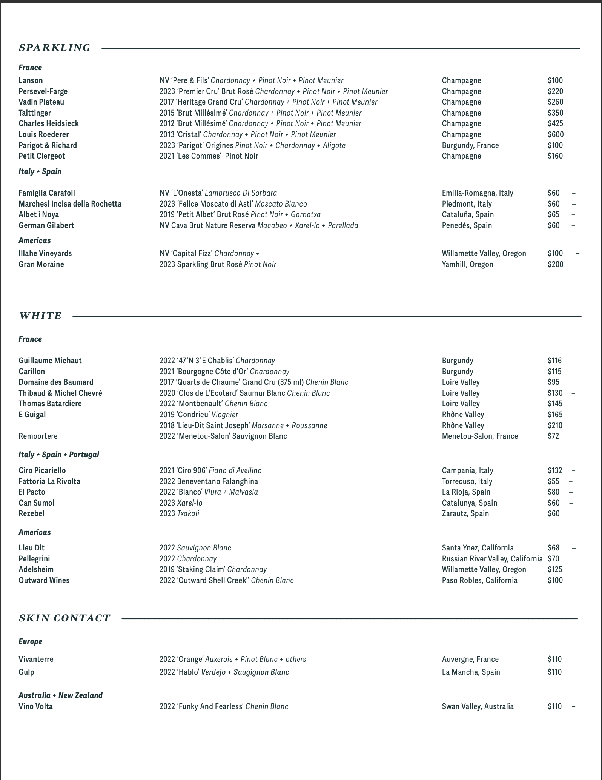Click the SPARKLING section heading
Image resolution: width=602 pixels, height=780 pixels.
pos(55,48)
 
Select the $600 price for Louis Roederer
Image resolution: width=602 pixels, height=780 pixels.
pos(555,134)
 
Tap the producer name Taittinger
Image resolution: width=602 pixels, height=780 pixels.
pos(35,113)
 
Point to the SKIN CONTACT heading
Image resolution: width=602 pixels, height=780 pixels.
pos(64,618)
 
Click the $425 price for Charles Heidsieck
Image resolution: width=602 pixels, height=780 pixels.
pos(555,123)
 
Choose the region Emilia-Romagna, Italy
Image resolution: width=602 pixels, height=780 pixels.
pos(478,193)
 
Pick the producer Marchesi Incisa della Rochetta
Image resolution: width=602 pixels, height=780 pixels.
pos(70,204)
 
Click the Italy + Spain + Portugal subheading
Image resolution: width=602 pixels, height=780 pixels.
pos(59,454)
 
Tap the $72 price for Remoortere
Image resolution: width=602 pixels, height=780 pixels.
pos(553,436)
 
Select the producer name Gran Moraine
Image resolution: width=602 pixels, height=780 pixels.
pos(41,264)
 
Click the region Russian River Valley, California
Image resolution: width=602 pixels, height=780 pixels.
pos(492,559)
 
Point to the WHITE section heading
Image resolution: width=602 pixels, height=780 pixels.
pos(40,316)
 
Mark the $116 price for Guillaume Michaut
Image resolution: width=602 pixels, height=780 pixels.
pos(554,361)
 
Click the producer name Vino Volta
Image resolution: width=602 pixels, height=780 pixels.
pos(36,706)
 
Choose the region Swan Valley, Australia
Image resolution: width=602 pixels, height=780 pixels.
pos(478,706)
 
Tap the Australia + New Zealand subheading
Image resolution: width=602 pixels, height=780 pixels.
pos(61,695)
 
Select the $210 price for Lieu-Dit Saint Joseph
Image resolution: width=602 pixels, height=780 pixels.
pos(555,425)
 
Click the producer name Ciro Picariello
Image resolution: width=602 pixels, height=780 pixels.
pos(42,470)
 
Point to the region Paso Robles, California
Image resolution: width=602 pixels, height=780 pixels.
pos(479,580)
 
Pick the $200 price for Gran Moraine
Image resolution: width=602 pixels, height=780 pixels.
pos(555,264)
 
